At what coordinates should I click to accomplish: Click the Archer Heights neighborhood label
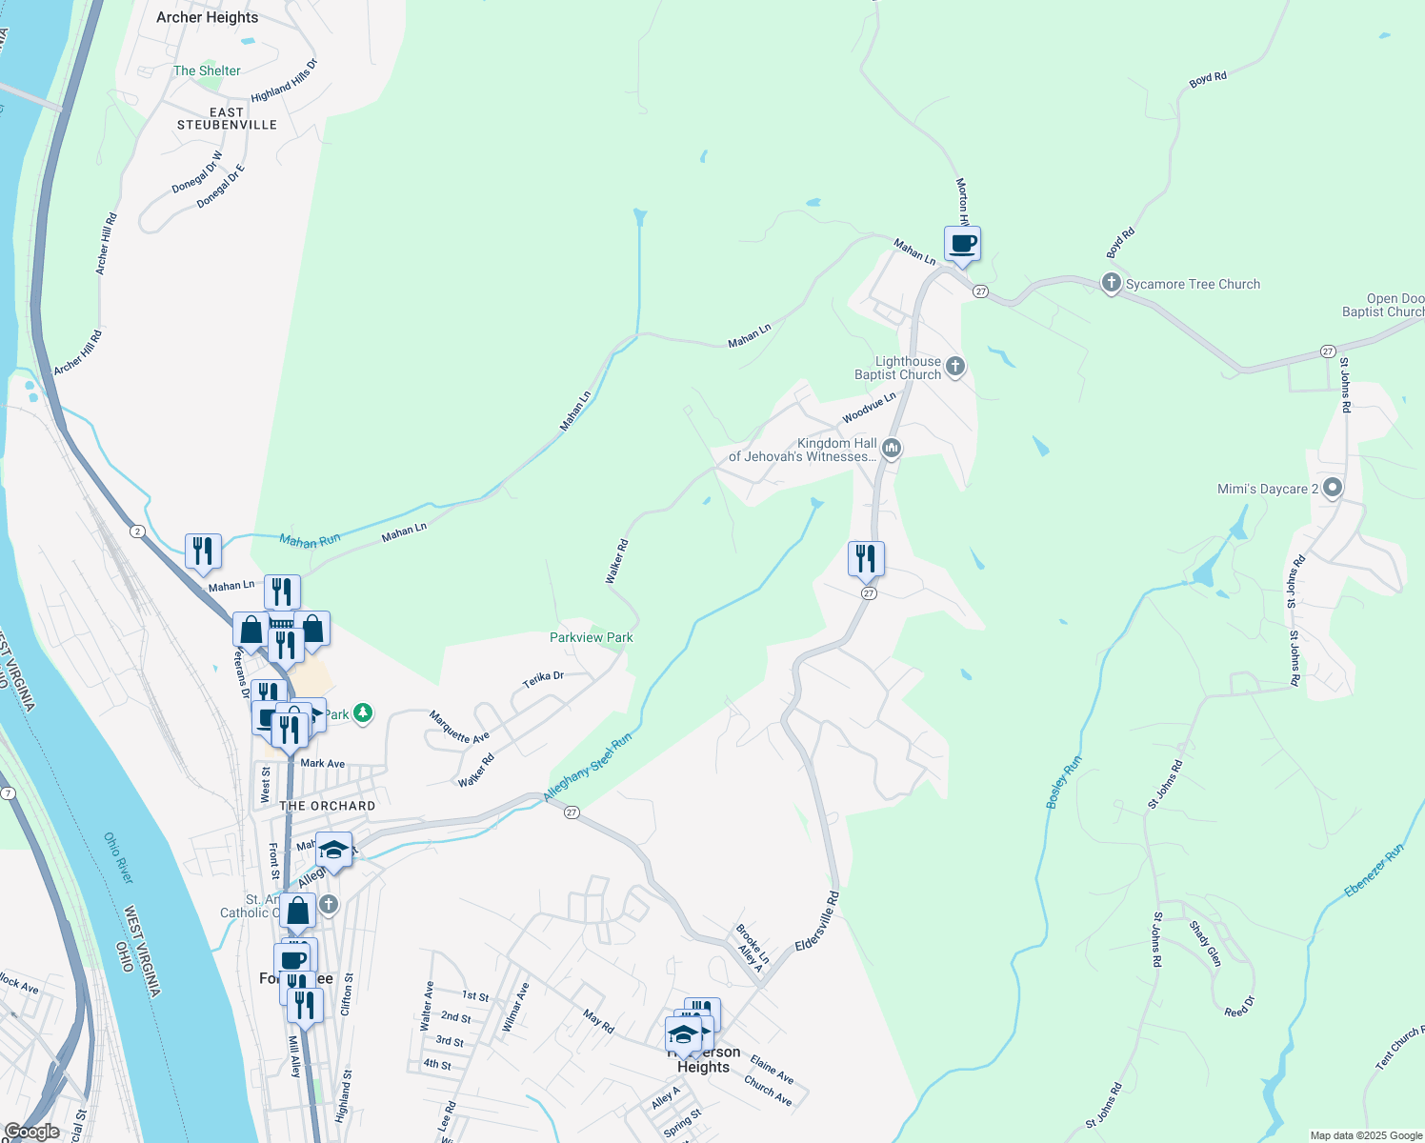(207, 17)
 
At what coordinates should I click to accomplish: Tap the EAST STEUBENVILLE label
(227, 118)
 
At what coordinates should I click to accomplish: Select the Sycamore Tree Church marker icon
(1111, 283)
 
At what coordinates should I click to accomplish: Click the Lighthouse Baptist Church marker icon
(955, 368)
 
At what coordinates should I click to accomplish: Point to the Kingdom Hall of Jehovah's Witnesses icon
(892, 448)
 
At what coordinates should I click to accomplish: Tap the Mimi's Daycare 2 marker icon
(1333, 489)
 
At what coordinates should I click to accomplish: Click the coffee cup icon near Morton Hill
(962, 244)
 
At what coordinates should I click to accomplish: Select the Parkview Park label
(591, 637)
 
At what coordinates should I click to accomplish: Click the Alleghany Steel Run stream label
(587, 768)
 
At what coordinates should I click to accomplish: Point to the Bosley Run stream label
(1063, 782)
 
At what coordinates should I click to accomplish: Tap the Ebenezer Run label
(1374, 871)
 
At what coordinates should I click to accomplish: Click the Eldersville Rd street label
(817, 920)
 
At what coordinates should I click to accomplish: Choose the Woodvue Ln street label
(869, 409)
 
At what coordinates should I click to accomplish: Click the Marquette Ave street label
(458, 727)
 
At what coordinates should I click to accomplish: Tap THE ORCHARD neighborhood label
(328, 806)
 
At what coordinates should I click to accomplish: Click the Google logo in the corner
(31, 1132)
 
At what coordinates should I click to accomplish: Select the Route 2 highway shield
(138, 531)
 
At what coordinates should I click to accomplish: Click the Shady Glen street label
(1205, 943)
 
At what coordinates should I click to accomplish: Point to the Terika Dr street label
(543, 679)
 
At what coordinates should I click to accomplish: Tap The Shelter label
(207, 70)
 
